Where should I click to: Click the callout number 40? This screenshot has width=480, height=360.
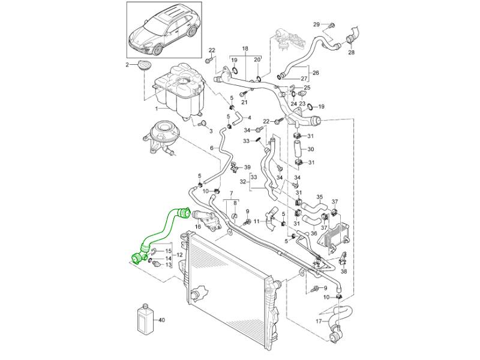point(162,320)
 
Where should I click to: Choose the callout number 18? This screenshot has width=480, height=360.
point(245,47)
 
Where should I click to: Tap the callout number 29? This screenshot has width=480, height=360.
point(317,24)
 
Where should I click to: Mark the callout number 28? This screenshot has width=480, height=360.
point(352,53)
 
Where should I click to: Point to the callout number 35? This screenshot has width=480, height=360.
point(320,197)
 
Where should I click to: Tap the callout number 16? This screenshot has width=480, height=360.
point(197,227)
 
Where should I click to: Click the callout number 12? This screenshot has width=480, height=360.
point(179,255)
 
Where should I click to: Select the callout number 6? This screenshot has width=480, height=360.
point(211,148)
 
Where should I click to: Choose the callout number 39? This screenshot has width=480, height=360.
point(247,167)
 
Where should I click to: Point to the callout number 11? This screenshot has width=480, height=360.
point(257,221)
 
